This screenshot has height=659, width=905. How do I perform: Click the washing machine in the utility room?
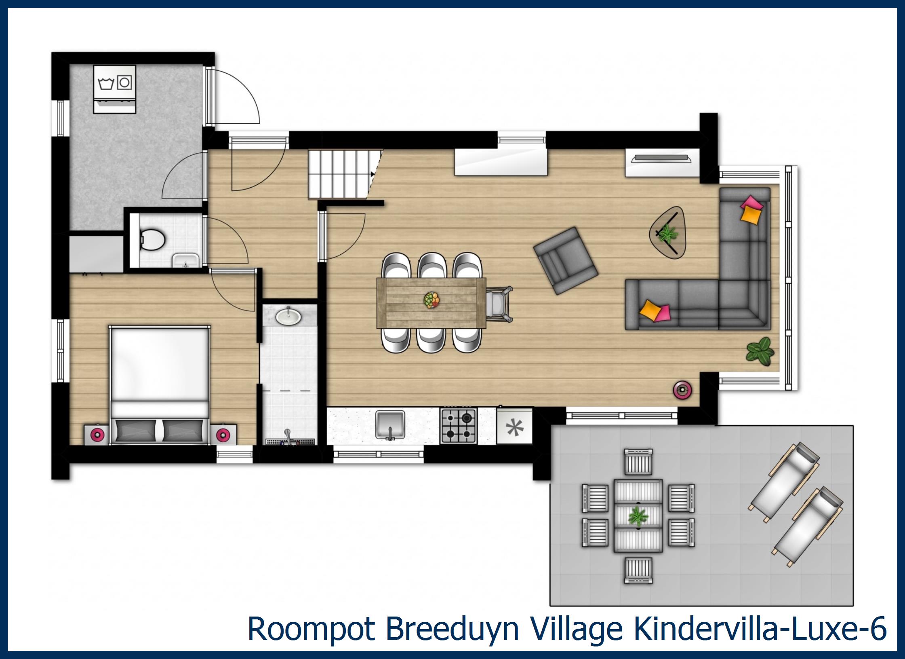click(x=114, y=89)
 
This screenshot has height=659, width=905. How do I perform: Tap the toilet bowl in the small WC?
click(x=153, y=239)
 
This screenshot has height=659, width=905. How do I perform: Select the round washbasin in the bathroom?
click(x=288, y=316)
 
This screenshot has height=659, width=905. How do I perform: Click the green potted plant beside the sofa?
click(x=760, y=350)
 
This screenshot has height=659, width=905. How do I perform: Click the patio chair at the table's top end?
click(x=638, y=461)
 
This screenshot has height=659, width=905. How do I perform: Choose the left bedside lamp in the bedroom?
click(x=97, y=435)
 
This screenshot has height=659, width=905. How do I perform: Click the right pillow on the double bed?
click(x=183, y=431)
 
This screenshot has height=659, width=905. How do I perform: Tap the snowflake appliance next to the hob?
click(x=514, y=427)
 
